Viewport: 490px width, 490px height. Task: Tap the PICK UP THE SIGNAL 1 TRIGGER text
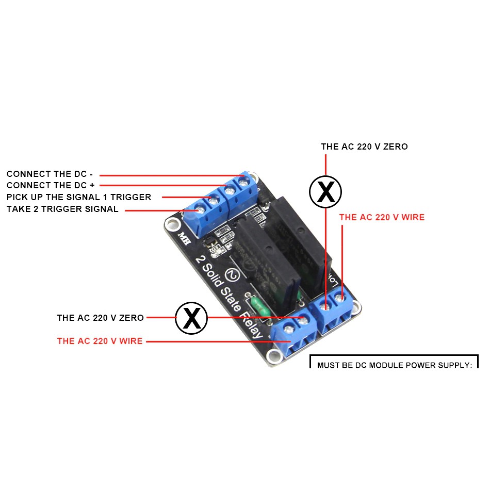(x=79, y=197)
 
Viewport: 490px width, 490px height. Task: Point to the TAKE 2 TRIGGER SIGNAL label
(x=62, y=209)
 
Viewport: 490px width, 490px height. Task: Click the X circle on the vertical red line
(x=325, y=192)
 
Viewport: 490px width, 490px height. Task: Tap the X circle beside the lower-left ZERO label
(x=191, y=318)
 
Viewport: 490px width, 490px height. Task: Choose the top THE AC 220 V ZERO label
(x=364, y=146)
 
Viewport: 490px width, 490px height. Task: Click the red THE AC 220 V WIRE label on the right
(x=382, y=217)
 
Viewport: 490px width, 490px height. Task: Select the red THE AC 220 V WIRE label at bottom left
(x=100, y=341)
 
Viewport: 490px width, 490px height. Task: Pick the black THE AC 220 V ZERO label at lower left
(x=100, y=318)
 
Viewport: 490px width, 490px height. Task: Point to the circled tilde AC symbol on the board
(x=233, y=274)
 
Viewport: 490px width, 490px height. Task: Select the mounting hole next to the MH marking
(x=171, y=223)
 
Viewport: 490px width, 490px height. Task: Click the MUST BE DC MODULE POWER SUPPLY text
(x=394, y=365)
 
